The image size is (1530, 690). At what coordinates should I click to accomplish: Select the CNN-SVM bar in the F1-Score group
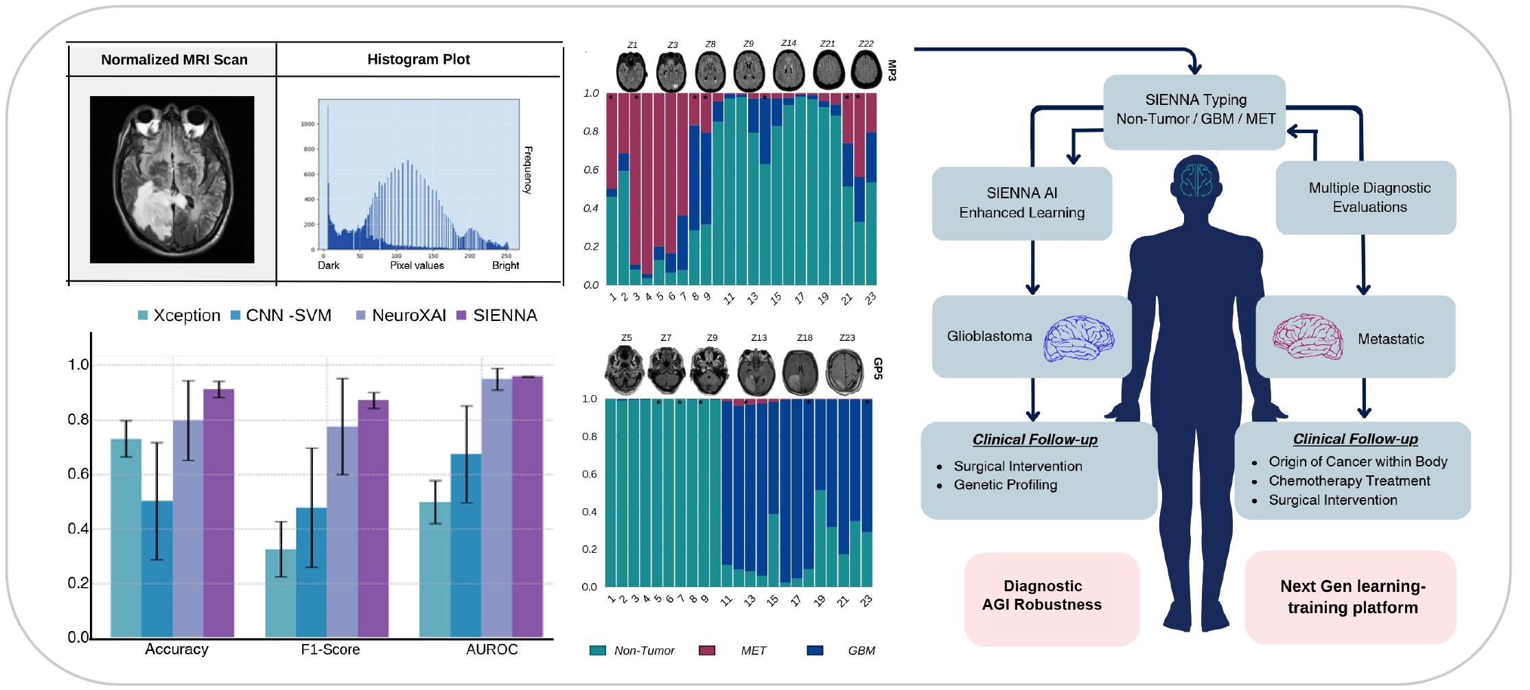coord(311,572)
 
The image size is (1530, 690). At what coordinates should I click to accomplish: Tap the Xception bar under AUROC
coord(434,569)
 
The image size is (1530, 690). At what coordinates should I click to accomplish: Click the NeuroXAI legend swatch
coord(361,316)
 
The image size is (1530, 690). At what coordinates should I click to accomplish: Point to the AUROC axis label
coord(491,649)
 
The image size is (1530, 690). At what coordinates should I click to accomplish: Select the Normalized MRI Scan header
coord(174,60)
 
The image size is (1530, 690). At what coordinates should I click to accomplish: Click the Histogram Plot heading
coord(418,59)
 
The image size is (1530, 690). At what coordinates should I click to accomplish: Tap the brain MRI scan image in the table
coord(172,180)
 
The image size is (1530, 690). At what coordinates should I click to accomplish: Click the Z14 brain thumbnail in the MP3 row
coord(788,69)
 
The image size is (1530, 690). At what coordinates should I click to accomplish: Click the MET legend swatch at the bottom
coord(706,650)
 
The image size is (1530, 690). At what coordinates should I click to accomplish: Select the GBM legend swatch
coord(814,650)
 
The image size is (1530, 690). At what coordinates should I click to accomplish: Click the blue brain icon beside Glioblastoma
coord(1078,337)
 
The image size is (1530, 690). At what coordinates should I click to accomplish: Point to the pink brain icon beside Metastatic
coord(1307,337)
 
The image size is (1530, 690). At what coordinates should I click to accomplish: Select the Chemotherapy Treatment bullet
coord(1348,481)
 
